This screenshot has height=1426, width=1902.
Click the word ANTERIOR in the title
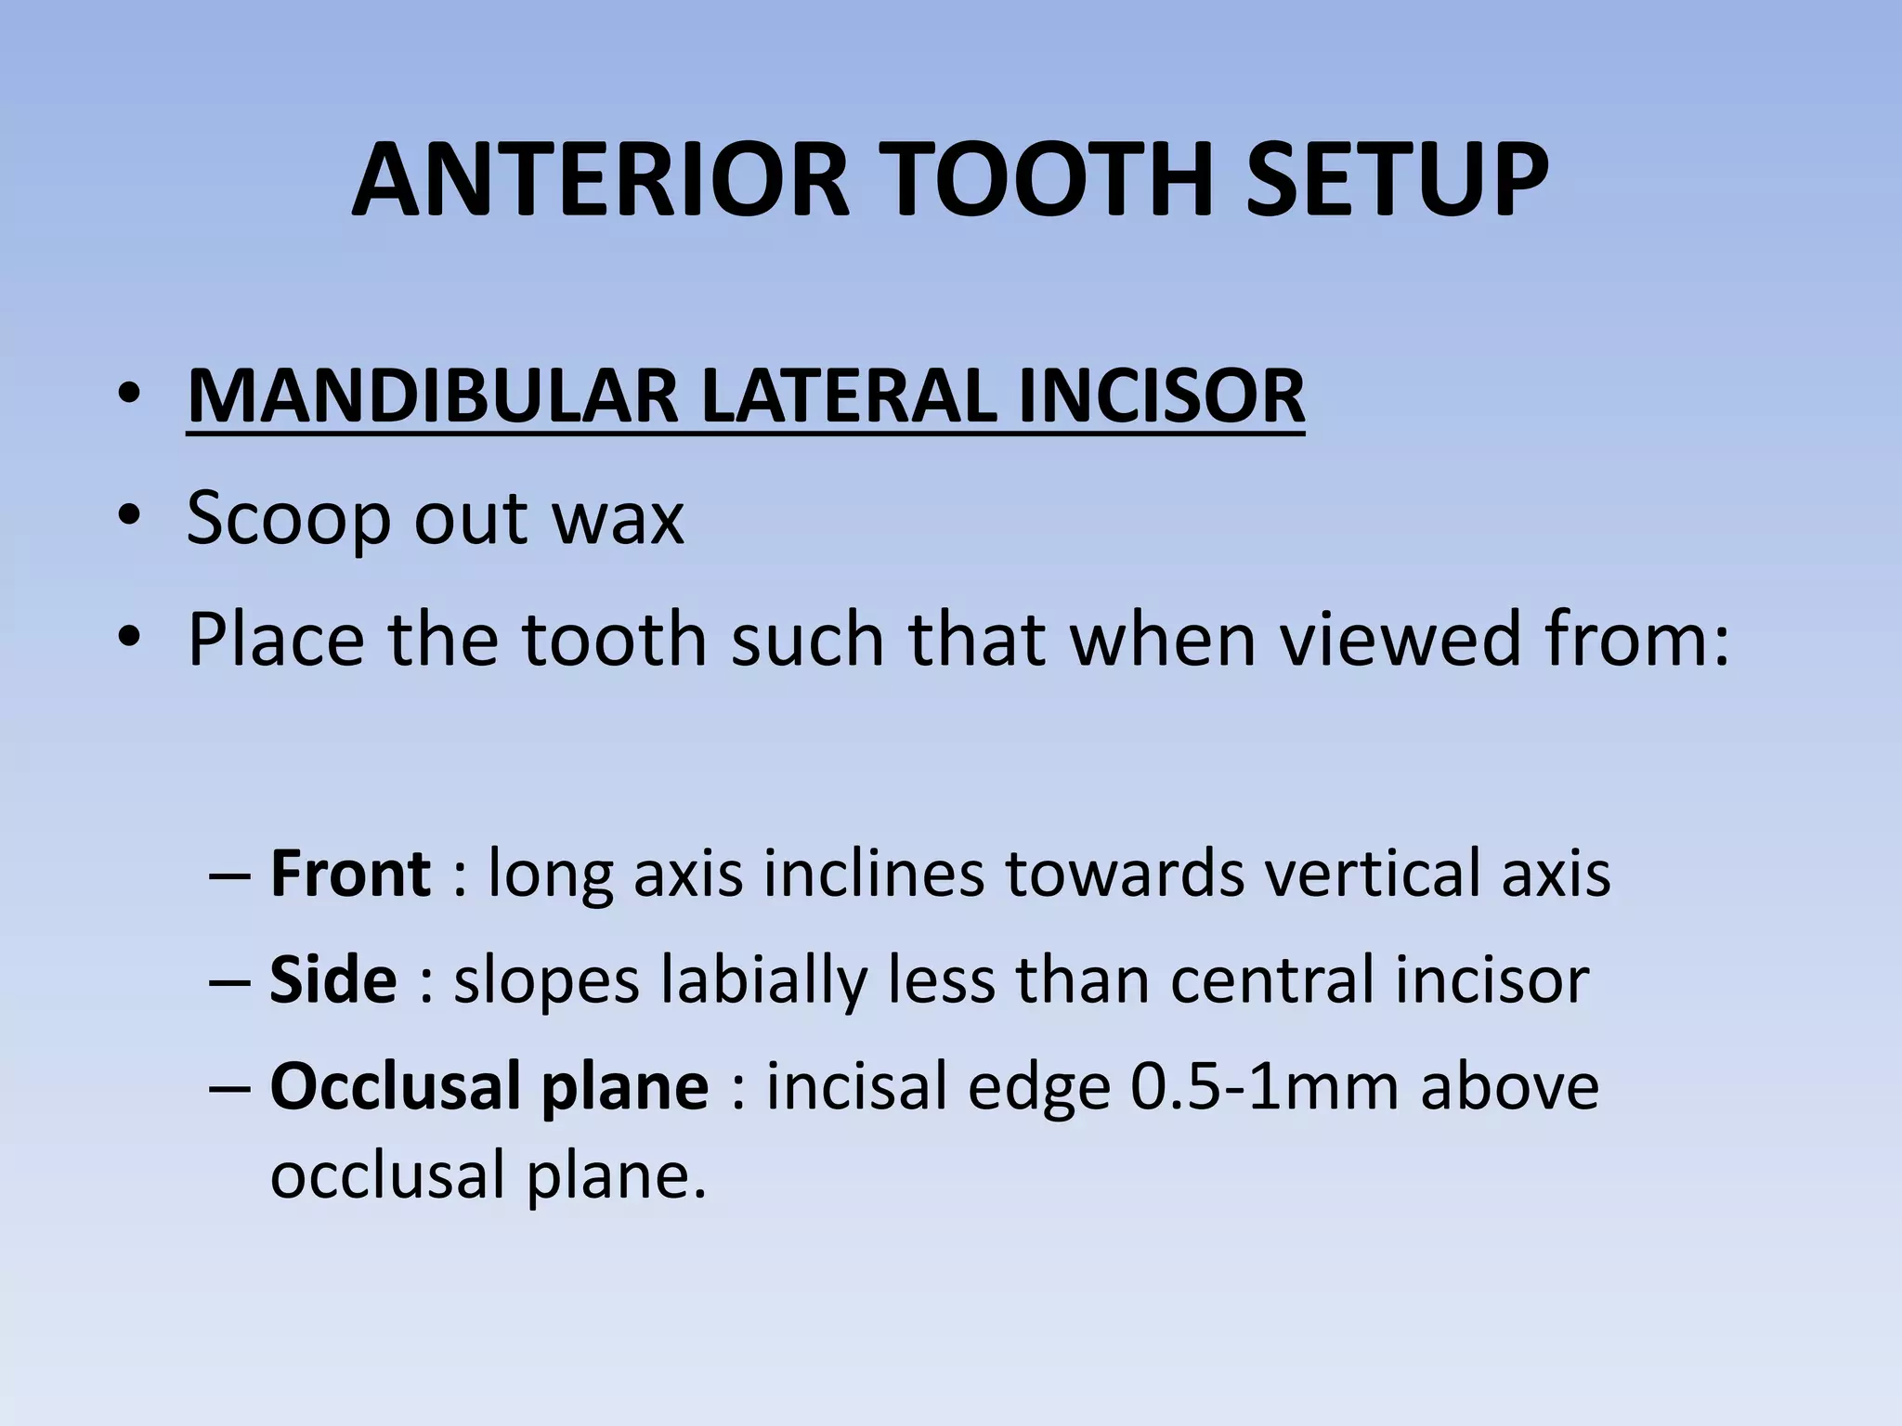pos(600,180)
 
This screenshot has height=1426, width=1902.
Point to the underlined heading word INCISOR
pos(1161,397)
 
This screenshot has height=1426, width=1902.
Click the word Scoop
pos(288,518)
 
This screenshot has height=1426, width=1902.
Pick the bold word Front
pos(350,874)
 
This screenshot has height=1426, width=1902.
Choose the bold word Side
pos(333,979)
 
